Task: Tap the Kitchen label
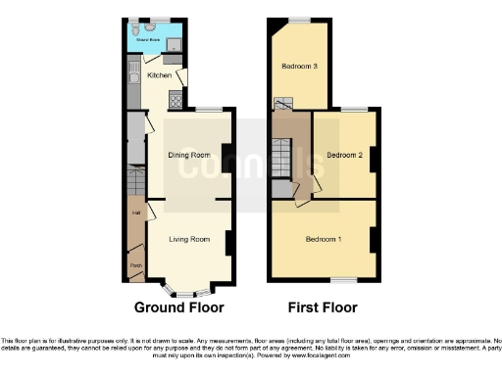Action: (159, 75)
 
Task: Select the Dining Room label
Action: (188, 155)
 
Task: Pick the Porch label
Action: (135, 263)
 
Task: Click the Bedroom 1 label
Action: (323, 240)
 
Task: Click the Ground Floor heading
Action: (178, 307)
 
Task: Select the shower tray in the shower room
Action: (174, 44)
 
